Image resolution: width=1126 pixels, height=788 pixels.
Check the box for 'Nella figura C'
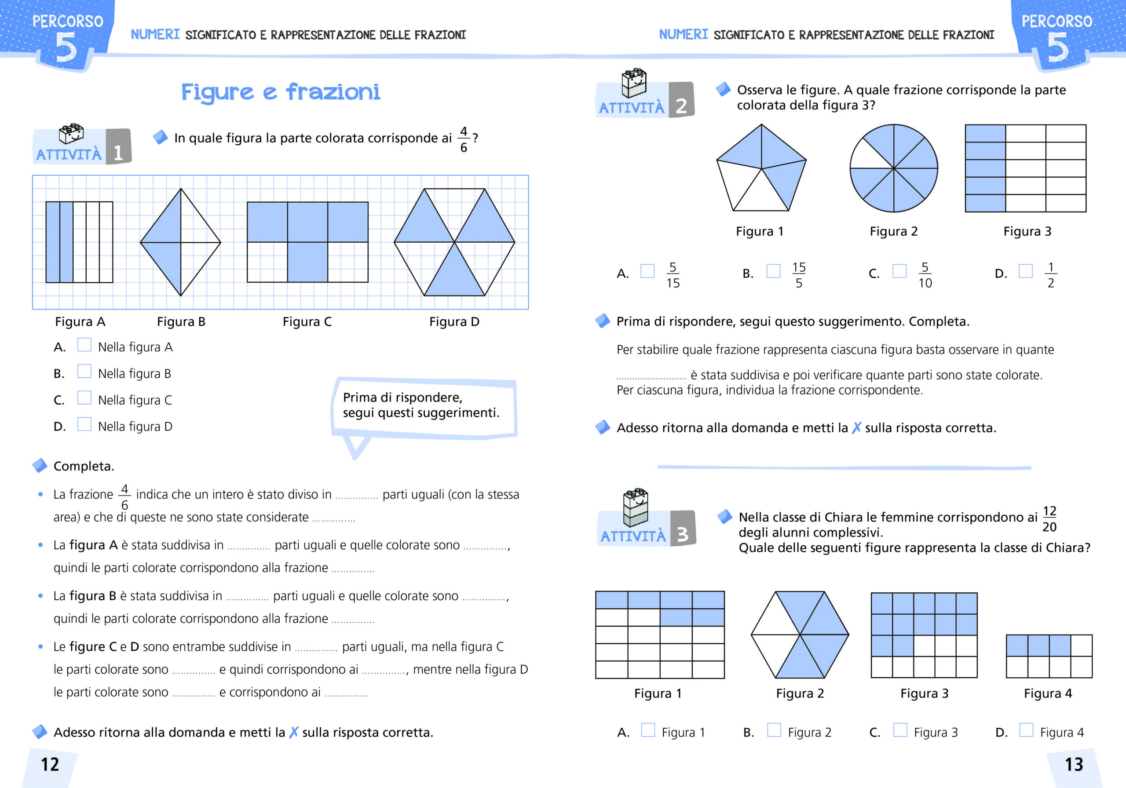[84, 398]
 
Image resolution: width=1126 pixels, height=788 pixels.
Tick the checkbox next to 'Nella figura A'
[84, 345]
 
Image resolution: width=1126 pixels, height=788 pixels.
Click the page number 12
[50, 764]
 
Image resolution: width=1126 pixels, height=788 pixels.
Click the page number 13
[1074, 764]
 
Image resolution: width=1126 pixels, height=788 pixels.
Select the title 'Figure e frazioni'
[281, 92]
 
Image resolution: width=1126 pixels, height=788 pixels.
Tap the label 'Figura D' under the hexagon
[454, 322]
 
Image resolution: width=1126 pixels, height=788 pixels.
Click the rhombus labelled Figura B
[180, 242]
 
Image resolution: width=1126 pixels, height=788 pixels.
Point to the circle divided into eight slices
[893, 168]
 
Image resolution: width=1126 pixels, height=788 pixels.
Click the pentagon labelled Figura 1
[760, 168]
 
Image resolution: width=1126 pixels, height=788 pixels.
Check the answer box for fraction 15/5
[773, 271]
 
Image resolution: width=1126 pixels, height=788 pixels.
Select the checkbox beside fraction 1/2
[1025, 271]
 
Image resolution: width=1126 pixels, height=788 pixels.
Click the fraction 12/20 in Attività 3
[1049, 519]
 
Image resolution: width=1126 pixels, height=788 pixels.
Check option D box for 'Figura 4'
[1026, 730]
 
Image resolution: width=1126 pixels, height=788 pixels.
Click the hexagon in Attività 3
[800, 635]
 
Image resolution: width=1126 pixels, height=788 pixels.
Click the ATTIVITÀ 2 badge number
[681, 106]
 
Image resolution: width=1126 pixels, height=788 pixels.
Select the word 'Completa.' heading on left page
[84, 466]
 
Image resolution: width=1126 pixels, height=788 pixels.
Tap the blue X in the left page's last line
[294, 732]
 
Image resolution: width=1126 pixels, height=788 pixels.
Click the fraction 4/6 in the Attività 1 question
[464, 139]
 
